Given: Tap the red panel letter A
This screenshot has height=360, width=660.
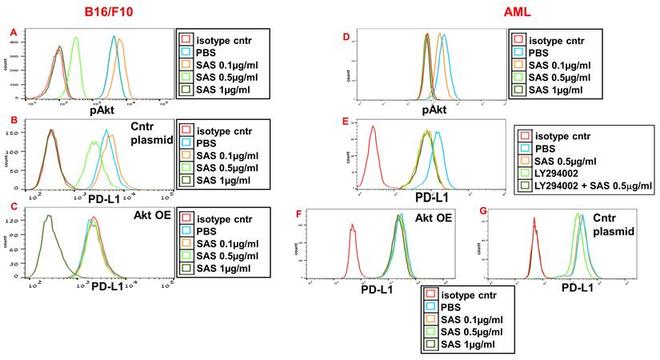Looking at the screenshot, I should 12,32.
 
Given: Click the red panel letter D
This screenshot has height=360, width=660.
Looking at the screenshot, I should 346,37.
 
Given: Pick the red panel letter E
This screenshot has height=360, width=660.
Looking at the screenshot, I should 346,122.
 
